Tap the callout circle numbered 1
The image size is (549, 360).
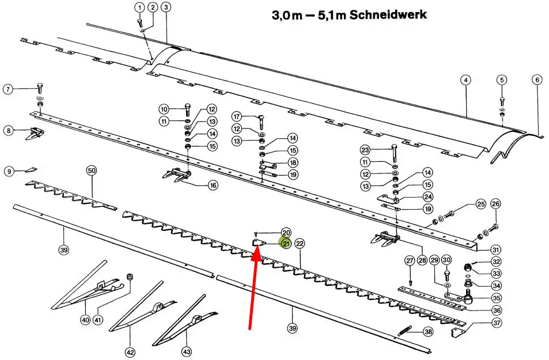139,7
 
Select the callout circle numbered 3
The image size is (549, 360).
166,7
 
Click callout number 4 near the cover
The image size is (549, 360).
465,80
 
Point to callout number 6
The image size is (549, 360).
537,80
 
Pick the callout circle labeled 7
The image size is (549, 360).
8,89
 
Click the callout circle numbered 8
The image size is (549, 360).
8,131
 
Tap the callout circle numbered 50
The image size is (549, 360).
92,170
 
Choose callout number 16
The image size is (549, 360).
213,185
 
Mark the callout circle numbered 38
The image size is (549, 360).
427,332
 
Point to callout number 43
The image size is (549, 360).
186,351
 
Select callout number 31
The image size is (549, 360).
496,249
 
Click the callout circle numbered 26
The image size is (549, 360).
495,204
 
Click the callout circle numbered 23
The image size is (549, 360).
365,150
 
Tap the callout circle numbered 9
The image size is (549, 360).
8,171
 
